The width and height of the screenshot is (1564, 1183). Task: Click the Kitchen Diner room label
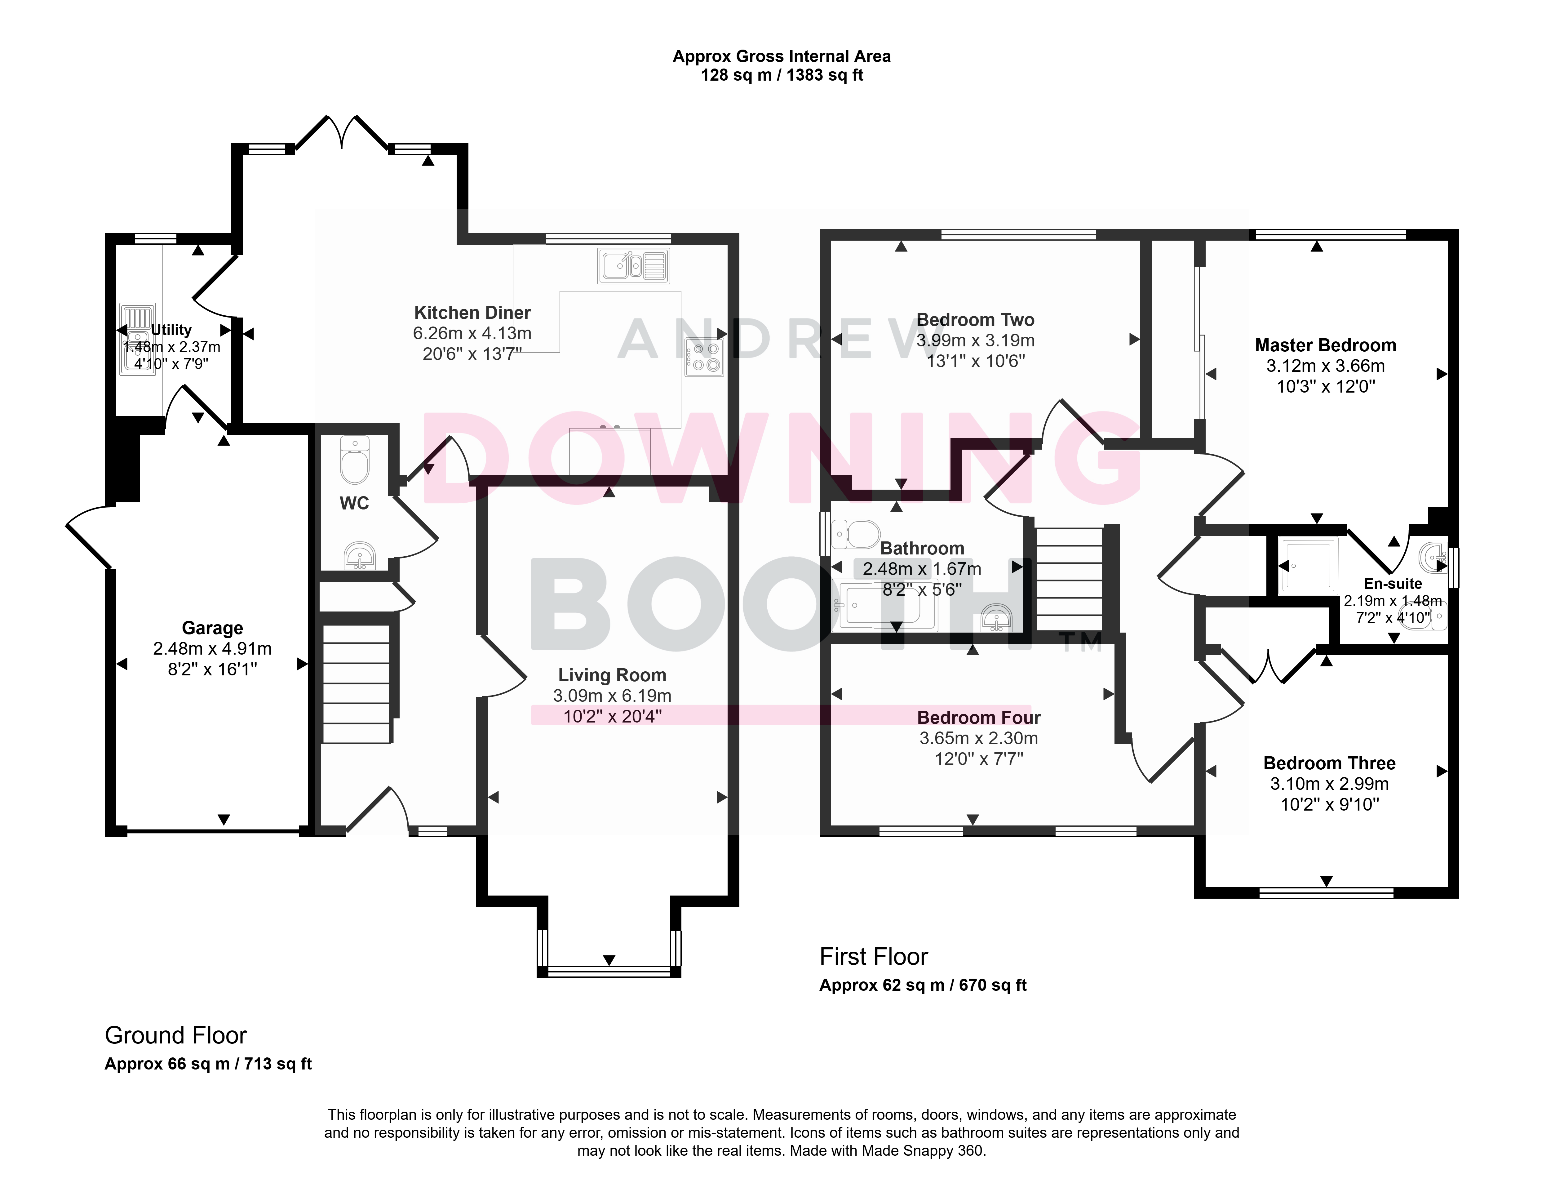(472, 313)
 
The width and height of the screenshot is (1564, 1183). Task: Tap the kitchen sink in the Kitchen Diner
(634, 266)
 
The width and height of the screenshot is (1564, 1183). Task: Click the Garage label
(212, 628)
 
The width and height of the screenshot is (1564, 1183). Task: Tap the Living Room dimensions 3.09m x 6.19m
(612, 696)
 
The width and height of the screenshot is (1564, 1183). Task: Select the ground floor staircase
(356, 684)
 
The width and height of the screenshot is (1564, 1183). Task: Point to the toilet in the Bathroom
(856, 535)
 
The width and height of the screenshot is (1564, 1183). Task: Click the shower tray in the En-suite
(1308, 565)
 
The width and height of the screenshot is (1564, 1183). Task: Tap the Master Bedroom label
(1326, 345)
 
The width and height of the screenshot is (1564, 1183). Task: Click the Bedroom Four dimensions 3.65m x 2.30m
(979, 738)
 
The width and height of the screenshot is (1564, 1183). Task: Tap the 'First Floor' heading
(873, 957)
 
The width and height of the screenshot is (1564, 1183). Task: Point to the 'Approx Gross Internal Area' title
(781, 56)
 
